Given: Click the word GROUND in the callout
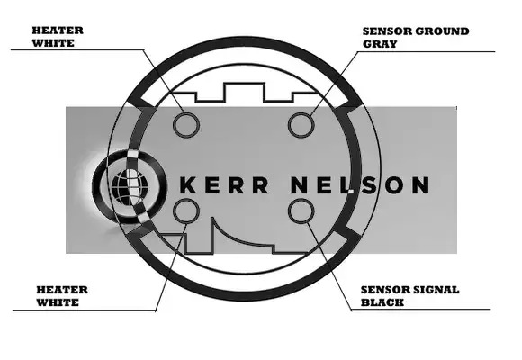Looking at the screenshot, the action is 442,31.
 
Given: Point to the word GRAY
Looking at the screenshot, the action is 380,44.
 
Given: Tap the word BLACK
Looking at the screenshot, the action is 382,302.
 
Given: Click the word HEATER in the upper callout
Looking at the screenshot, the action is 58,31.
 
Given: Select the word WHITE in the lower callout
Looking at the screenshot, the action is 58,302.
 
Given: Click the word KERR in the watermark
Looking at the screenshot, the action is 224,185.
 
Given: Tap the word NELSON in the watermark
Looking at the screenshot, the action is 360,185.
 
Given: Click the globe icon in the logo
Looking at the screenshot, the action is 129,186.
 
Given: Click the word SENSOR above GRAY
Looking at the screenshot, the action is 387,31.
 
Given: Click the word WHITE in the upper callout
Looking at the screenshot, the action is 53,43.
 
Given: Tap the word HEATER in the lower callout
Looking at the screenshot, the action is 62,290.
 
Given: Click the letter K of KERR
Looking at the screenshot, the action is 188,185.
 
